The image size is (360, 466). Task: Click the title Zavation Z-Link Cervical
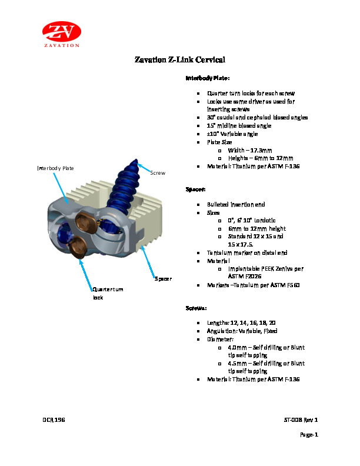coord(180,60)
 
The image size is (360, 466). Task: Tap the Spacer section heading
coord(195,190)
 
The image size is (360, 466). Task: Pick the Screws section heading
coord(196,308)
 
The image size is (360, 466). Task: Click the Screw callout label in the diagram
coord(159,173)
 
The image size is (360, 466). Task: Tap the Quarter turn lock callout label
coord(108,293)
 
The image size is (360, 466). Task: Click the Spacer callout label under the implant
coord(163,278)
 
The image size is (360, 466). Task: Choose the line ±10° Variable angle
coord(232,134)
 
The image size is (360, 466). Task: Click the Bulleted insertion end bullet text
coord(236,204)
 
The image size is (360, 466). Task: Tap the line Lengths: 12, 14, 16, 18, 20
coord(241,323)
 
